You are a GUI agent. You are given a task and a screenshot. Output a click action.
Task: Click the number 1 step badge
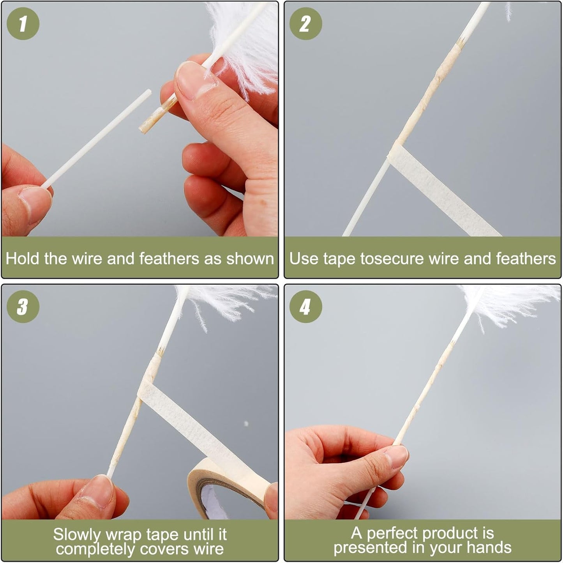[x=23, y=23]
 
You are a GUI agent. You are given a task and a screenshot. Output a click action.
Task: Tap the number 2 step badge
[x=305, y=23]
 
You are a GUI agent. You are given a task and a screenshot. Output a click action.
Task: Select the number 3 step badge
[x=23, y=306]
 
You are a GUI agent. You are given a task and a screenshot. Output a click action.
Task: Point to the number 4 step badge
[x=305, y=306]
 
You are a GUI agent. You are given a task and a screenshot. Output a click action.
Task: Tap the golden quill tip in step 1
[x=158, y=115]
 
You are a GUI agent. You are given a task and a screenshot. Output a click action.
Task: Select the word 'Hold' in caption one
[x=22, y=258]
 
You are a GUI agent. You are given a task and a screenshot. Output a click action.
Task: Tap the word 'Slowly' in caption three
[x=76, y=535]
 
